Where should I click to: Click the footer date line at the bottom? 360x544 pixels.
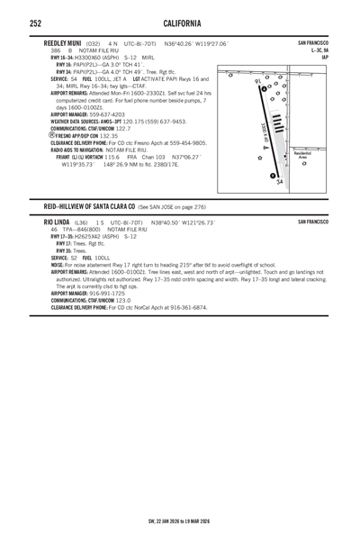180,521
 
